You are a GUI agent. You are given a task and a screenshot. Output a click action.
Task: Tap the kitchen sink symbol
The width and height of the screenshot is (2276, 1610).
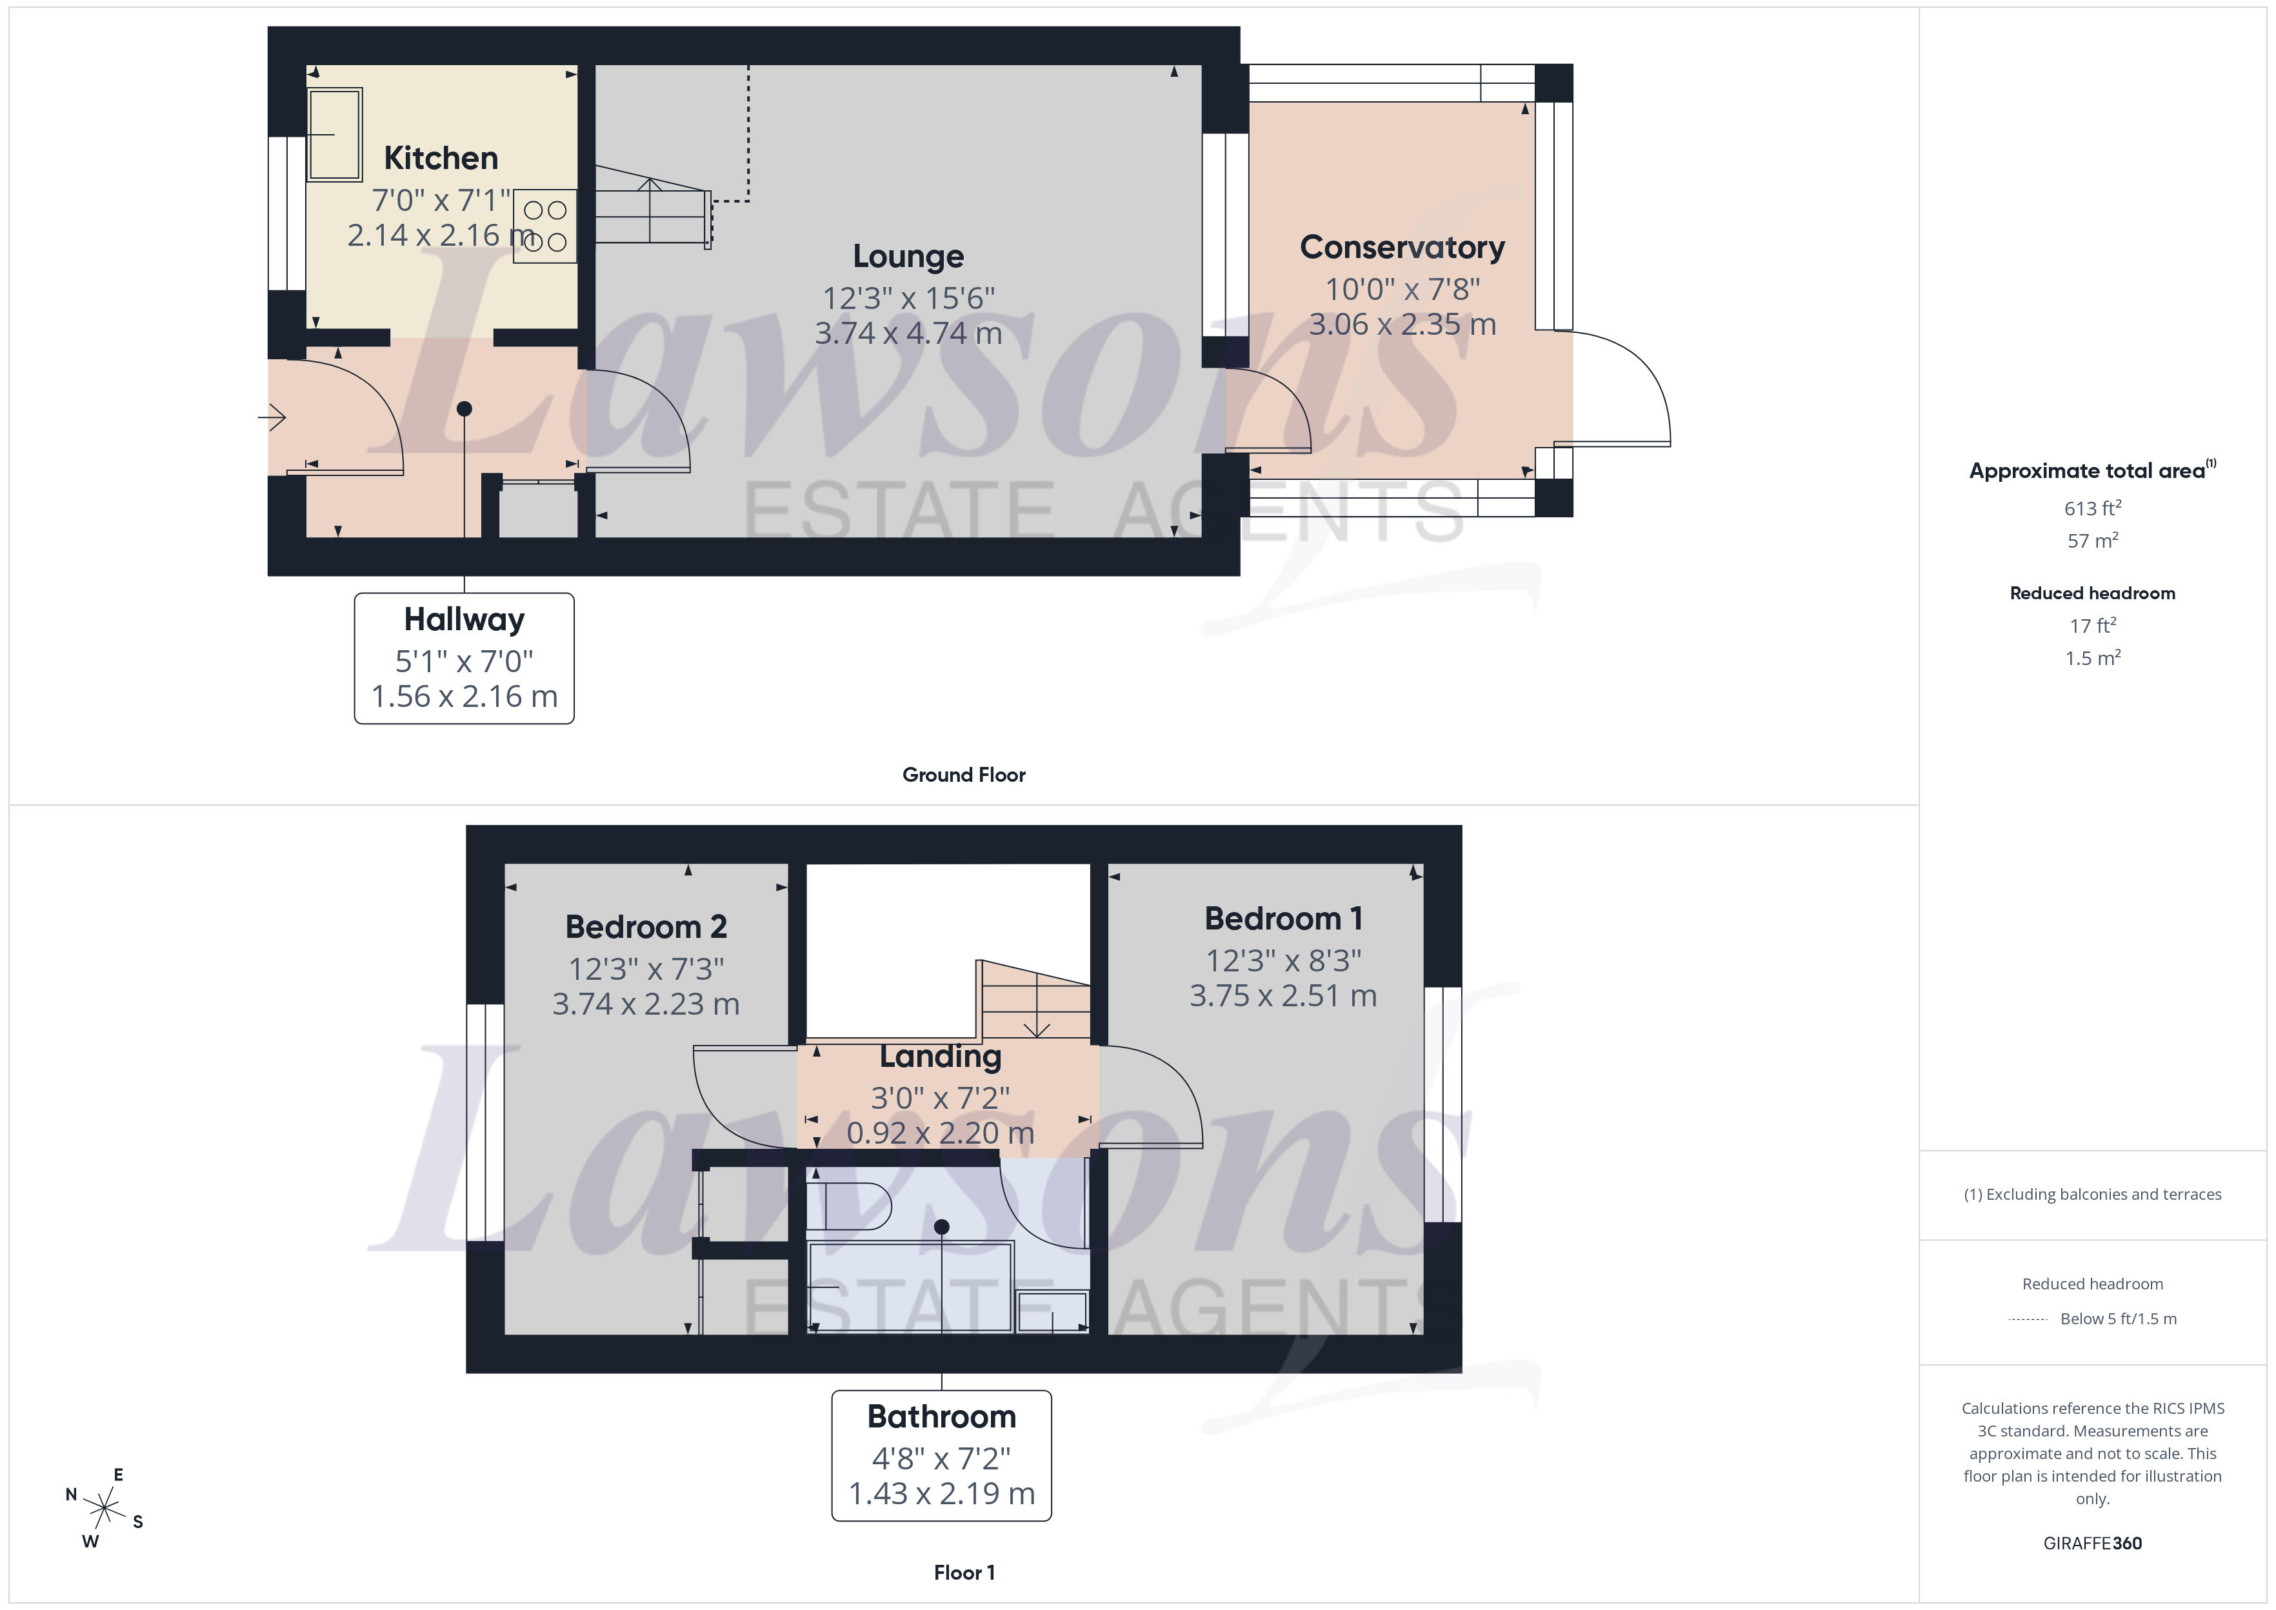pos(334,134)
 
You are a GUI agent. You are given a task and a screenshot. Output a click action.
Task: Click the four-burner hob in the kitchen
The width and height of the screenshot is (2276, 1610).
pos(545,226)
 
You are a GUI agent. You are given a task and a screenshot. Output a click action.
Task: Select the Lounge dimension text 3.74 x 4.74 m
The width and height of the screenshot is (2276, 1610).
pos(908,333)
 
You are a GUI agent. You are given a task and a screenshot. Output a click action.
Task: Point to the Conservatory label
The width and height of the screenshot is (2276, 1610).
pos(1402,247)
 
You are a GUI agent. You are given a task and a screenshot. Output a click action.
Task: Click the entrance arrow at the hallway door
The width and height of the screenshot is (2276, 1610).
pos(273,417)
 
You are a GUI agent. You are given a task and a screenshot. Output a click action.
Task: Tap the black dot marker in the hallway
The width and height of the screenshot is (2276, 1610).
pos(464,408)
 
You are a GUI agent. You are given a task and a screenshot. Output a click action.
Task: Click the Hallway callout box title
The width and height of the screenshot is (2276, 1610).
pos(464,620)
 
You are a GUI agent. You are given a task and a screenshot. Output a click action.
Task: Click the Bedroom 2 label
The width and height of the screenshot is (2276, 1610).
pos(645,927)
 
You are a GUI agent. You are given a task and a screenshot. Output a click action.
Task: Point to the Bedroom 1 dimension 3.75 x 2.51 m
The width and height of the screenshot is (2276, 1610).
pos(1283,995)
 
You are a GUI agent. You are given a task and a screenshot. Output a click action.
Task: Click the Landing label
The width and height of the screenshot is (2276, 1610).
pos(940,1057)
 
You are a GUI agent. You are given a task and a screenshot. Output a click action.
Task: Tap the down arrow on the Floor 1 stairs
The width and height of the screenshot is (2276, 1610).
pos(1036,1026)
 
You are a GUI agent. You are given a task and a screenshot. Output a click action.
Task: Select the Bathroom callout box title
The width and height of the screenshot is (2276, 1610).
pos(941,1416)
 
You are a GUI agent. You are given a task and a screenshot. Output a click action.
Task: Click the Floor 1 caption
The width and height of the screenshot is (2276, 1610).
pos(964,1573)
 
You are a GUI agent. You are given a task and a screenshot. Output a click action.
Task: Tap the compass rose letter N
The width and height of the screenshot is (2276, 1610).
pos(72,1494)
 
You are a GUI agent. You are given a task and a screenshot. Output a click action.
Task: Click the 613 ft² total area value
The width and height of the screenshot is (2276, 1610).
pos(2091,508)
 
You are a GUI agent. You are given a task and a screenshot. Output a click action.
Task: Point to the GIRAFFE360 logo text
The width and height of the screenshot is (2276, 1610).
pos(2091,1544)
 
